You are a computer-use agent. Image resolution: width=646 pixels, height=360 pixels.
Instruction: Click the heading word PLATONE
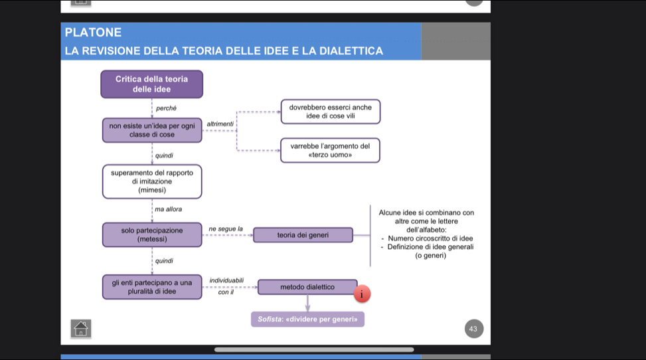(x=94, y=32)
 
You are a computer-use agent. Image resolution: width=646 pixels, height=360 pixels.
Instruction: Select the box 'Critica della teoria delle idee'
(x=151, y=84)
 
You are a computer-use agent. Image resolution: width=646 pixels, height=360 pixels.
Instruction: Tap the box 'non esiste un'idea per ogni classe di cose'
(x=152, y=130)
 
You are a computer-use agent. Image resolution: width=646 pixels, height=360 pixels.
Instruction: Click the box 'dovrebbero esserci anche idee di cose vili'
(x=330, y=111)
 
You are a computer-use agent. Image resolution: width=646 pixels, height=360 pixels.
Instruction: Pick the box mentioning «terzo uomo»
(x=330, y=150)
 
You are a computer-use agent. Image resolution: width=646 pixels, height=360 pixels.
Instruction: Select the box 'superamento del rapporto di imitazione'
(x=152, y=181)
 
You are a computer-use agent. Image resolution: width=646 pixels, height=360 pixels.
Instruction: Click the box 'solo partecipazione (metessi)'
(x=152, y=234)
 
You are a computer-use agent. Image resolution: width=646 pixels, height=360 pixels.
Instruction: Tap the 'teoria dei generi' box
(x=303, y=234)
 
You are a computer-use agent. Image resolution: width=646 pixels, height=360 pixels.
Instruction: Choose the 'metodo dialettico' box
(x=307, y=287)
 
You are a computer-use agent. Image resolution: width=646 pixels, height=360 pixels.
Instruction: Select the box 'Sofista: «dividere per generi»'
(x=307, y=319)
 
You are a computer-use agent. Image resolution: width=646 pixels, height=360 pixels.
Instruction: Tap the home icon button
(x=80, y=328)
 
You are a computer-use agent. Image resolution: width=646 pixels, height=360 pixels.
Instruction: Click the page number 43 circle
(x=473, y=329)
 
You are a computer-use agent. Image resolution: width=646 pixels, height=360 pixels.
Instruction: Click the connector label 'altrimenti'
(x=220, y=124)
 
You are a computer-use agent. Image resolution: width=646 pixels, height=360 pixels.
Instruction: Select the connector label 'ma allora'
(x=168, y=209)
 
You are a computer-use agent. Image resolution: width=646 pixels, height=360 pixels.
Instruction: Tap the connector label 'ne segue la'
(x=226, y=228)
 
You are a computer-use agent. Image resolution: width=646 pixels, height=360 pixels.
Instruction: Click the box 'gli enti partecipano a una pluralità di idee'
(x=152, y=287)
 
